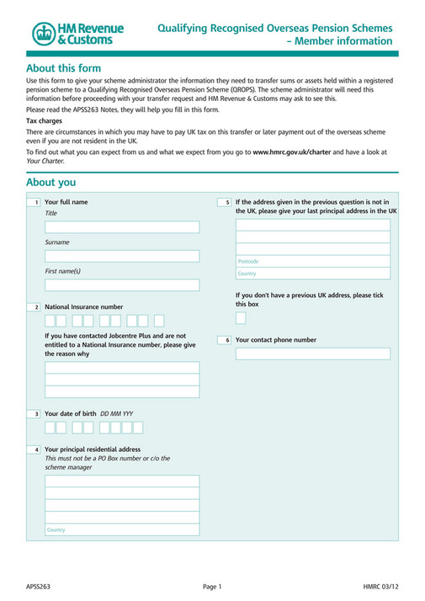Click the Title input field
pyautogui.click(x=122, y=226)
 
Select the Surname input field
pyautogui.click(x=122, y=256)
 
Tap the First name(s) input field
pyautogui.click(x=122, y=285)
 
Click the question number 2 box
pyautogui.click(x=36, y=307)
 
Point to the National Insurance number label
pyautogui.click(x=83, y=307)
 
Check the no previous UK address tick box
pyautogui.click(x=241, y=318)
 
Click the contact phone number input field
pyautogui.click(x=312, y=354)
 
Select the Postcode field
pyautogui.click(x=312, y=261)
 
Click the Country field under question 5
pyautogui.click(x=312, y=274)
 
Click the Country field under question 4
pyautogui.click(x=122, y=529)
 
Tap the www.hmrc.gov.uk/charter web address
pyautogui.click(x=292, y=151)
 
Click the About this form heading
pyautogui.click(x=64, y=68)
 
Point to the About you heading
pyautogui.click(x=50, y=183)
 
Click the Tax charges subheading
pyautogui.click(x=44, y=121)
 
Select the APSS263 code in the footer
pyautogui.click(x=38, y=586)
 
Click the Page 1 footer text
pyautogui.click(x=212, y=586)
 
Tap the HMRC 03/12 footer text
pyautogui.click(x=381, y=586)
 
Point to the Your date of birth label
pyautogui.click(x=72, y=414)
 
